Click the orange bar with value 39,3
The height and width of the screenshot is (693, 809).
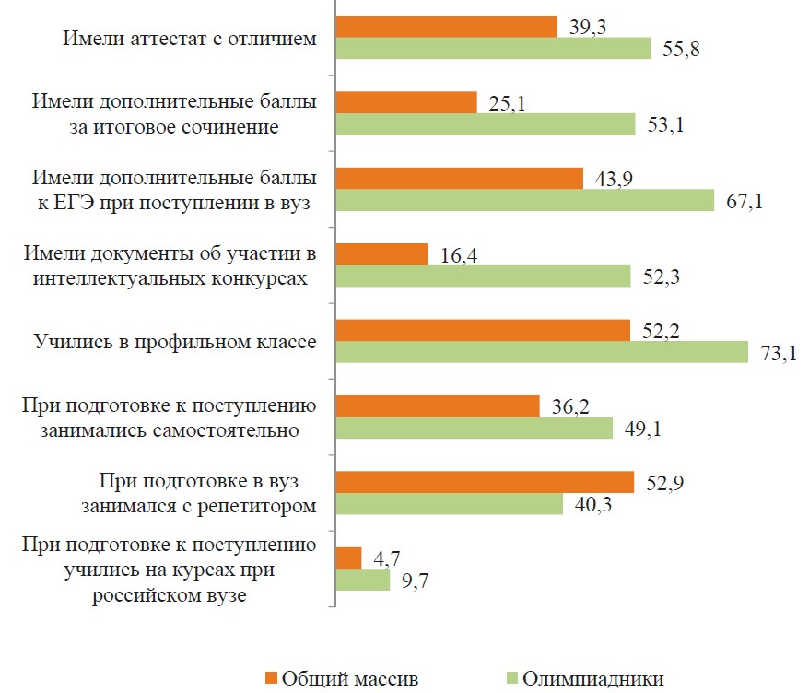pyautogui.click(x=447, y=27)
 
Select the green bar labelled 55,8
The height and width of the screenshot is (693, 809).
pyautogui.click(x=494, y=49)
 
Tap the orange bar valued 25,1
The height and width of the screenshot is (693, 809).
pyautogui.click(x=406, y=102)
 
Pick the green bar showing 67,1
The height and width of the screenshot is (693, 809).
pyautogui.click(x=525, y=200)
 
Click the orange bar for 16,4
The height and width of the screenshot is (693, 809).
pyautogui.click(x=382, y=254)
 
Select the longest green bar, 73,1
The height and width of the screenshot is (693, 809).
pyautogui.click(x=542, y=352)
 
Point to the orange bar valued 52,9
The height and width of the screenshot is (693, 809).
pyautogui.click(x=485, y=482)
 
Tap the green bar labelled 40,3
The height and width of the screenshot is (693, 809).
pyautogui.click(x=450, y=504)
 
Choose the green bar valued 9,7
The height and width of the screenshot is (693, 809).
pyautogui.click(x=363, y=580)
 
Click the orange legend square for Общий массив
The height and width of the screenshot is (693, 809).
pyautogui.click(x=271, y=679)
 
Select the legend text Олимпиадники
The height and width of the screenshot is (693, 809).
pyautogui.click(x=592, y=679)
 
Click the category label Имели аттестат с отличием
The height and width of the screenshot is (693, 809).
pyautogui.click(x=190, y=39)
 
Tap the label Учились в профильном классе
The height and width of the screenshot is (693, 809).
pyautogui.click(x=175, y=342)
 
